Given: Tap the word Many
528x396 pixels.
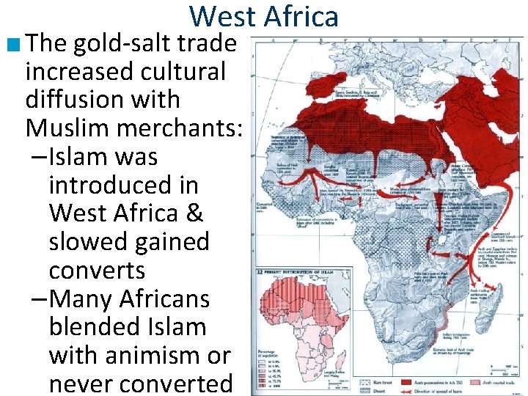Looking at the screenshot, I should tap(82, 299).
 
